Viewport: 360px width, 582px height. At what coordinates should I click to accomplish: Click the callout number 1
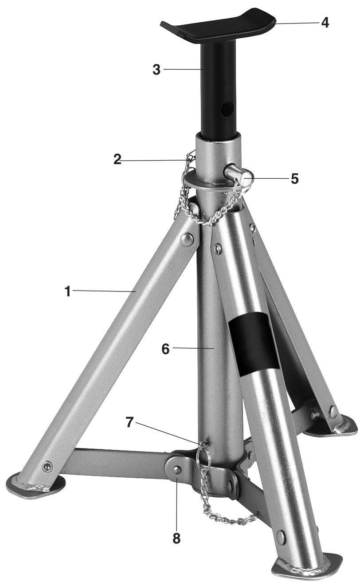(x=68, y=291)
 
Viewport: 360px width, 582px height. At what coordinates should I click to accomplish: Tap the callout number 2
(x=117, y=159)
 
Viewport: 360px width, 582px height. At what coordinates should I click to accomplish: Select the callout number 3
(x=157, y=70)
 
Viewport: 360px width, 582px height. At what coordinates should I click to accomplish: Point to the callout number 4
(x=325, y=23)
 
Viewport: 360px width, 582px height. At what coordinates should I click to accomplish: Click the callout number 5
(x=294, y=179)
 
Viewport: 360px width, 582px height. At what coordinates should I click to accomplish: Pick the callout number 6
(x=165, y=349)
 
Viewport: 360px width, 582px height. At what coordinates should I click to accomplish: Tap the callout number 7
(x=129, y=422)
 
